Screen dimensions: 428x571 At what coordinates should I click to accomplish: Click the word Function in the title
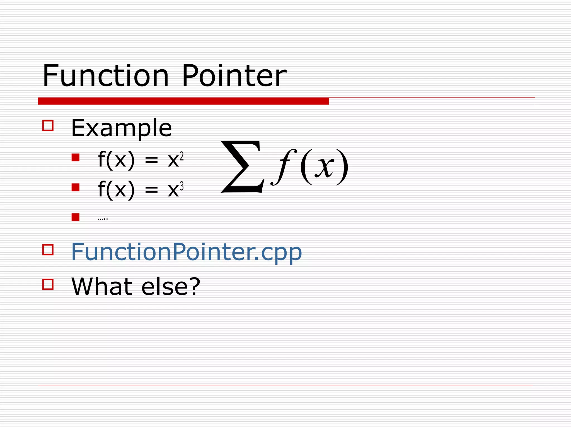click(x=106, y=76)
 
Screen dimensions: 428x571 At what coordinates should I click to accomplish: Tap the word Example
click(x=122, y=128)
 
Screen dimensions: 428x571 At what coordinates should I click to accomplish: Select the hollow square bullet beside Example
click(x=48, y=125)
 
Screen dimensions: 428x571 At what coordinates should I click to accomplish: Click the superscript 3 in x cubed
click(x=182, y=186)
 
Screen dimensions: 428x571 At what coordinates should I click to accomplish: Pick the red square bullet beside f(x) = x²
click(x=75, y=158)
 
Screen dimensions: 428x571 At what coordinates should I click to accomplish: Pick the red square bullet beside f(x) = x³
click(x=75, y=187)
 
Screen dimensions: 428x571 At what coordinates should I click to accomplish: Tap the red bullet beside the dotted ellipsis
click(x=75, y=217)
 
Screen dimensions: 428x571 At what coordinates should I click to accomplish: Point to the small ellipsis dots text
click(x=103, y=219)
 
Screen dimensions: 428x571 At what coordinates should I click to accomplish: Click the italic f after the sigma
click(x=283, y=167)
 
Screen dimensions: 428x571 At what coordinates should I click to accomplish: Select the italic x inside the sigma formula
click(x=325, y=167)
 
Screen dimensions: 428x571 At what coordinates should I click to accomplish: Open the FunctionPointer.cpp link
click(x=187, y=252)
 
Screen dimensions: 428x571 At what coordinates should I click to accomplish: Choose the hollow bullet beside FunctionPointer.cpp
click(x=48, y=250)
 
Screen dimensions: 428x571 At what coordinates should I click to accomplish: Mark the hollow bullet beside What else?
click(x=48, y=284)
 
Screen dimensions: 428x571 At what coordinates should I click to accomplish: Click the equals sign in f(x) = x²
click(x=151, y=161)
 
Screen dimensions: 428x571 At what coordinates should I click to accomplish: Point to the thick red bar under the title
click(x=183, y=101)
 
